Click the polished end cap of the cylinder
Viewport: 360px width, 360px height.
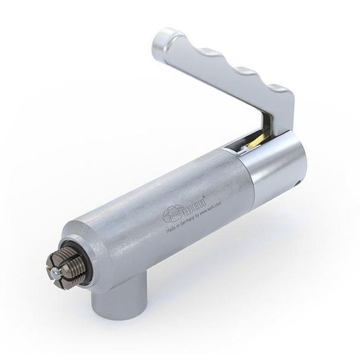279,165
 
